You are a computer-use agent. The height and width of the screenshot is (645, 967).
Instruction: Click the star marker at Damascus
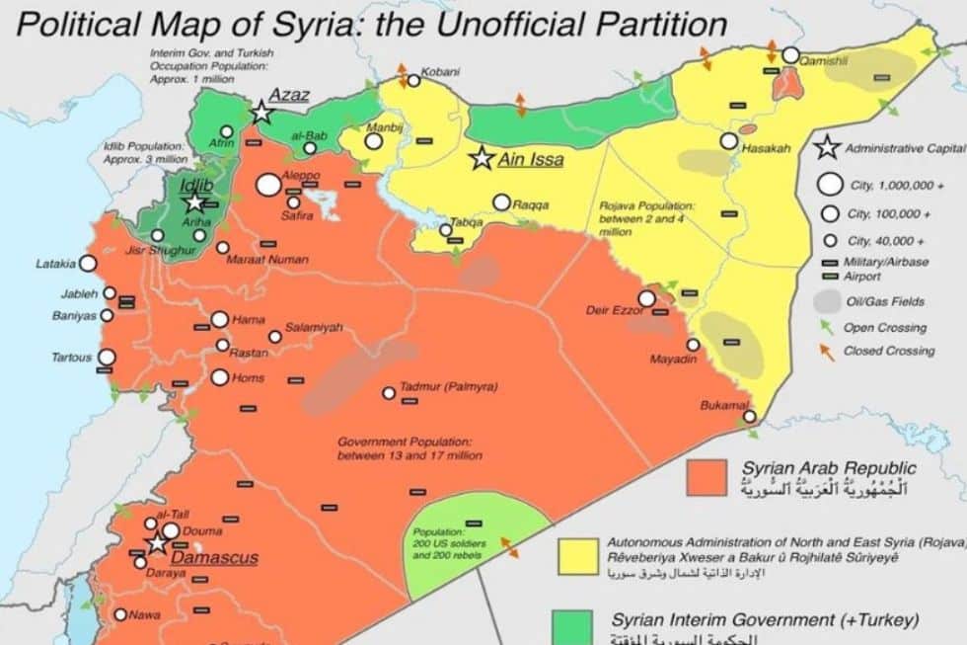click(157, 543)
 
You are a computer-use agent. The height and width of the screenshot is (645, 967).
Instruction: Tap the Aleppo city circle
click(268, 184)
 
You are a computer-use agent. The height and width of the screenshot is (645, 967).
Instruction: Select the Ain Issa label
click(531, 158)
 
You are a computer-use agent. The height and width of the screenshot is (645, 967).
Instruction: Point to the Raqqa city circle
click(501, 202)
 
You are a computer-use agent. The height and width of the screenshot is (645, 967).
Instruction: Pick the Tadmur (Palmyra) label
click(449, 387)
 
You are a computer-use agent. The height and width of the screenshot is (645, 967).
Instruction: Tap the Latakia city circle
click(88, 263)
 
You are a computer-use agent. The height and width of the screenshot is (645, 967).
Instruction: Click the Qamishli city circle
click(790, 55)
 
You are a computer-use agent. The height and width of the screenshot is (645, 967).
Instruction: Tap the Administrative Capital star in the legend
click(827, 148)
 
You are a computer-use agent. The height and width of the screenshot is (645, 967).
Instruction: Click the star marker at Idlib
click(195, 202)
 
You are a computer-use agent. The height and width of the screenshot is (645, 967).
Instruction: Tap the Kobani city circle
click(413, 81)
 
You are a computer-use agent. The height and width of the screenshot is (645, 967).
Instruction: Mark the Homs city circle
click(219, 377)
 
